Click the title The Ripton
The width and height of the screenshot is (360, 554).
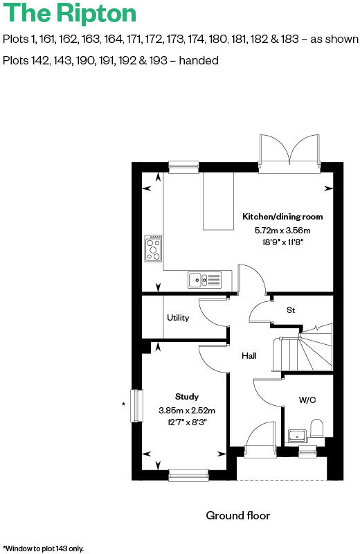click(69, 13)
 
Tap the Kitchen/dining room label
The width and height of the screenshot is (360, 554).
click(282, 217)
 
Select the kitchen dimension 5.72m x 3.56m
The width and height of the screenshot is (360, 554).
click(282, 231)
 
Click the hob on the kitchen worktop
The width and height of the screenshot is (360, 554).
click(154, 248)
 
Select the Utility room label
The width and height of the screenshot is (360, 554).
click(178, 318)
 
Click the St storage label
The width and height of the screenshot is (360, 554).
click(291, 310)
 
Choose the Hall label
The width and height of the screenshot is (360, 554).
click(249, 356)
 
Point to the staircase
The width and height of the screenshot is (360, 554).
click(305, 350)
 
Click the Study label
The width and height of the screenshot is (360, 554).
click(187, 397)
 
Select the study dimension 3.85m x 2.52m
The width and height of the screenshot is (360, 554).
click(187, 410)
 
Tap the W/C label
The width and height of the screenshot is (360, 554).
click(307, 400)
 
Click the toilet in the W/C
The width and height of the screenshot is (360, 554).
click(318, 429)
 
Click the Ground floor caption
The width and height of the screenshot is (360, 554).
click(237, 516)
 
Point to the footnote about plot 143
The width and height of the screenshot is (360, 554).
click(44, 548)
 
